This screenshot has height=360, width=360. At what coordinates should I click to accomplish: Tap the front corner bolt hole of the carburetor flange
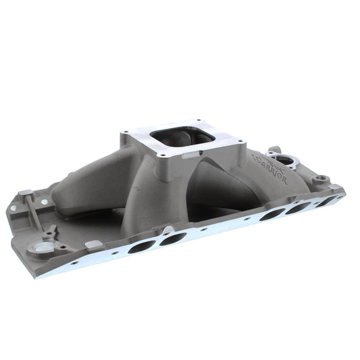pos(164,155)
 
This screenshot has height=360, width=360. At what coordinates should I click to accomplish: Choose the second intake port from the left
pos(173,238)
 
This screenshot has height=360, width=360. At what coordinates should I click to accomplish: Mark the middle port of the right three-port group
pos(298,207)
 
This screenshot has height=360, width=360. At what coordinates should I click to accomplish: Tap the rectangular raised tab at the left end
pos(24,194)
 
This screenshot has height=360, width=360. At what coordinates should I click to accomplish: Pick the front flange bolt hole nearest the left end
pos(74,262)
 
